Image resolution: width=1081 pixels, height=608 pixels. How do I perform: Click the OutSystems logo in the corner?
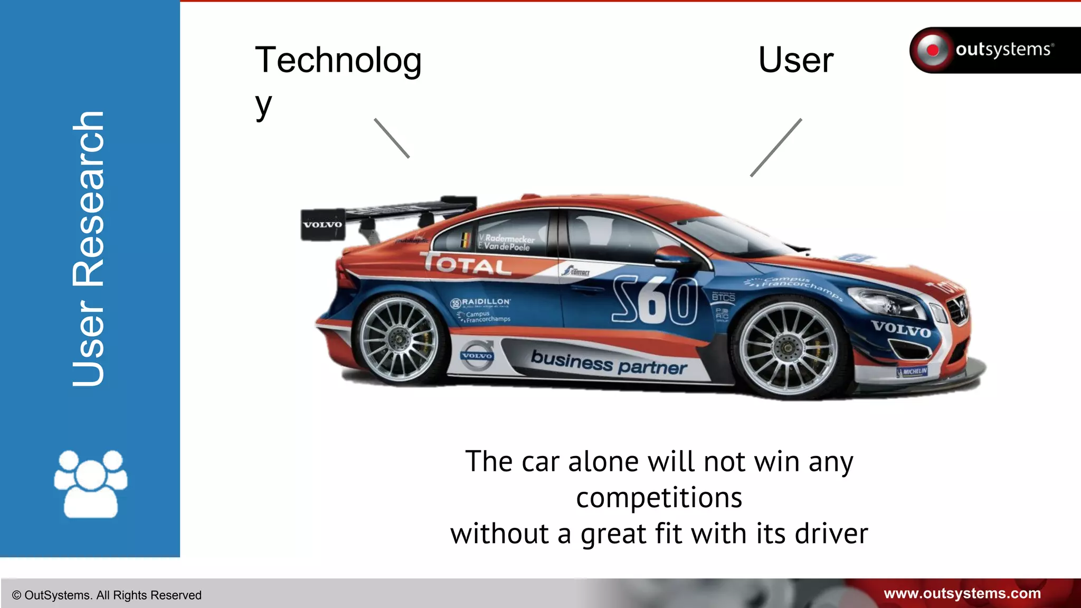[994, 50]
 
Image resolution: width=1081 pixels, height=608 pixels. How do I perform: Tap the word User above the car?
[795, 60]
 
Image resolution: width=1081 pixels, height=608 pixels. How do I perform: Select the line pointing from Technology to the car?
[392, 138]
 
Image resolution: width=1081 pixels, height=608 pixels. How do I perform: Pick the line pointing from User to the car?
[776, 148]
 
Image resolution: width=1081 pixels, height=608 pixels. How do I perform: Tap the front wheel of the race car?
[789, 348]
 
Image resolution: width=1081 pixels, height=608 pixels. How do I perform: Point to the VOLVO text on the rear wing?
[323, 225]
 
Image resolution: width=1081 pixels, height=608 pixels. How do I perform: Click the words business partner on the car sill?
[609, 363]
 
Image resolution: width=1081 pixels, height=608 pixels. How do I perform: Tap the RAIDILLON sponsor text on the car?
[485, 302]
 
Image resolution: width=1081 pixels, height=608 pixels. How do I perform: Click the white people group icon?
[90, 483]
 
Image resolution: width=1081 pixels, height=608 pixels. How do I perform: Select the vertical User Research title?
[89, 248]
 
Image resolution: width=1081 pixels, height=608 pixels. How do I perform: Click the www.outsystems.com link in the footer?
[962, 594]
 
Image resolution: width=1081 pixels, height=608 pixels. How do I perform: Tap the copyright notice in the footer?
[107, 595]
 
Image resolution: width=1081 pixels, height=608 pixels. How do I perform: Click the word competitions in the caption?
[659, 498]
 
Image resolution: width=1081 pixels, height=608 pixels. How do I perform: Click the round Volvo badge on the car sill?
[477, 355]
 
